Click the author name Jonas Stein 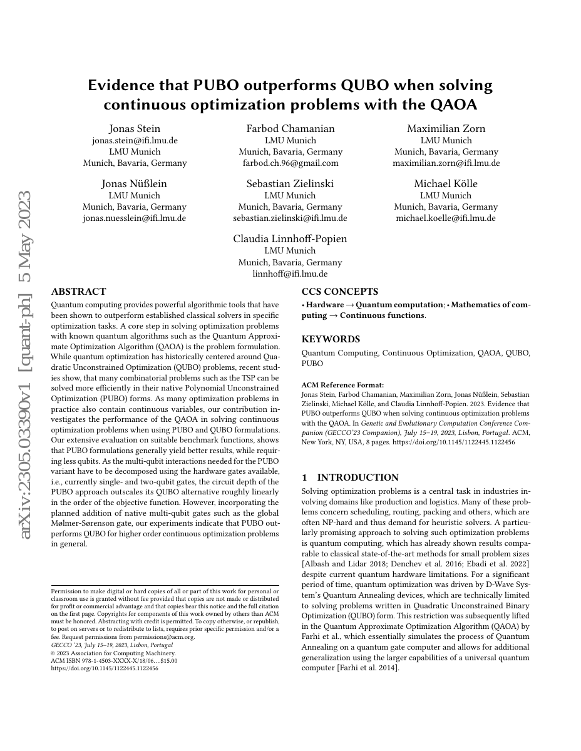point(135,128)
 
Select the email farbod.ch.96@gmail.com point(290,163)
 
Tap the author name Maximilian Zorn point(446,128)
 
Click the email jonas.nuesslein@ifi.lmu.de point(135,218)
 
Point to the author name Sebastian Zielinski point(290,183)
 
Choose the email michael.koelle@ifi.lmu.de point(446,218)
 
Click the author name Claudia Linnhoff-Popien point(290,238)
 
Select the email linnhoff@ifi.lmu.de point(290,273)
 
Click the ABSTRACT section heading point(78,292)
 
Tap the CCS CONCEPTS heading point(340,292)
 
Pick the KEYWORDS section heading point(331,339)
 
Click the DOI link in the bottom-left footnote point(104,668)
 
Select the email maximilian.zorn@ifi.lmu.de point(446,163)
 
